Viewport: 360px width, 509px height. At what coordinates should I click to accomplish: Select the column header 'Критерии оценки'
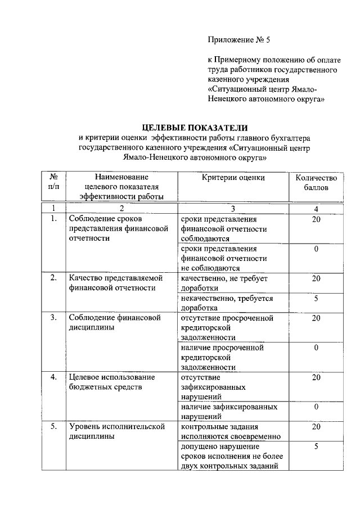[x=233, y=178]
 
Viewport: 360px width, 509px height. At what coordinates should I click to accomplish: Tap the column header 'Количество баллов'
[x=316, y=182]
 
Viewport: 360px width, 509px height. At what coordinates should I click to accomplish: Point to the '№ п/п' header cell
[x=54, y=182]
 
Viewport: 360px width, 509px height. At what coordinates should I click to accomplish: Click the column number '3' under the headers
[x=233, y=209]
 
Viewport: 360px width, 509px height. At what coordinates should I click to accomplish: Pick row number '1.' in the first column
[x=54, y=219]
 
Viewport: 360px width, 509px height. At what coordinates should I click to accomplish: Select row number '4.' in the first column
[x=54, y=377]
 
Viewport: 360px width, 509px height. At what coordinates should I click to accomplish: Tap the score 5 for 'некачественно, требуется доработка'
[x=316, y=299]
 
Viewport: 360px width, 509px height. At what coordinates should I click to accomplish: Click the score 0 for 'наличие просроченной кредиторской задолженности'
[x=316, y=348]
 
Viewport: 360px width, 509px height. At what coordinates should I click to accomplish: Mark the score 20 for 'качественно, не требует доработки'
[x=316, y=278]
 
